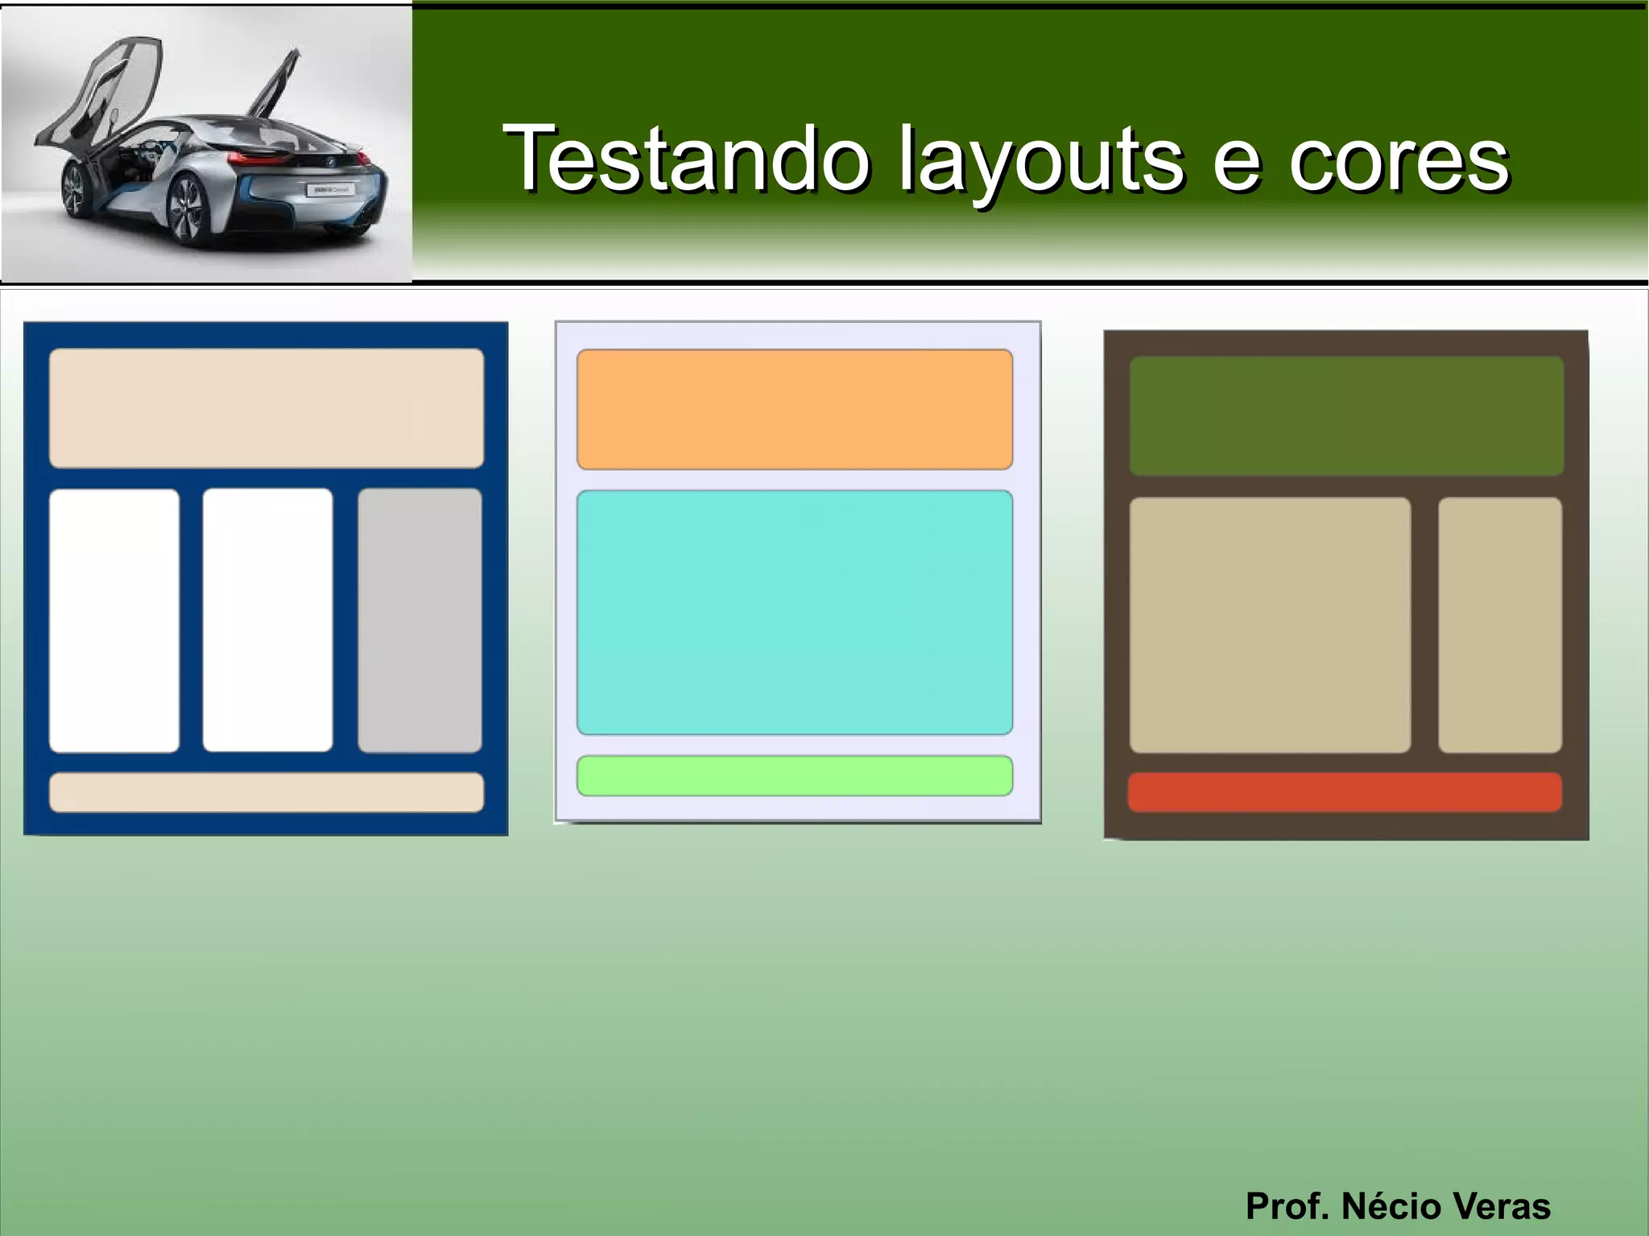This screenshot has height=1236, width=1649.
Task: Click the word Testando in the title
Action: click(x=686, y=159)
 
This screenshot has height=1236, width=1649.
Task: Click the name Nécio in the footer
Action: click(x=1393, y=1205)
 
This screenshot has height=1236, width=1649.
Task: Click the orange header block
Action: click(x=794, y=409)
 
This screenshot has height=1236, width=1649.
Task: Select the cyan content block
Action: click(x=794, y=612)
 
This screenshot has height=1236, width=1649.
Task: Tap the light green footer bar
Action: click(x=794, y=775)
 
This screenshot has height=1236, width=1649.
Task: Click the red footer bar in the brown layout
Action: click(x=1345, y=792)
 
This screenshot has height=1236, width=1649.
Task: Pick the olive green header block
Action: click(x=1346, y=415)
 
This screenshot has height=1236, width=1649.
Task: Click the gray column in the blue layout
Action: click(x=419, y=620)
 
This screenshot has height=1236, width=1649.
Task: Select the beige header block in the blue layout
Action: click(x=267, y=408)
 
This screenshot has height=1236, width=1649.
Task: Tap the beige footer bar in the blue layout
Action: click(x=267, y=792)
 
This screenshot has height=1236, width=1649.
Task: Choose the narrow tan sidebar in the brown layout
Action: click(x=1500, y=625)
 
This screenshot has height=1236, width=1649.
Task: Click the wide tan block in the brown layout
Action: click(x=1270, y=625)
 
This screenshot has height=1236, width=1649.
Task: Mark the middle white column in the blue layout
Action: click(x=267, y=620)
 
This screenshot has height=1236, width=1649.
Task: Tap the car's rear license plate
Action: click(x=329, y=191)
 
